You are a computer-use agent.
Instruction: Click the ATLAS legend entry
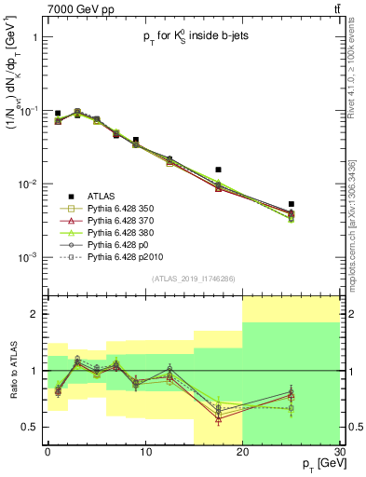[102, 196]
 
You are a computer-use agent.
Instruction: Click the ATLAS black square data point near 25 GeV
[291, 204]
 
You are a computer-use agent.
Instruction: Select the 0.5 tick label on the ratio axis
[30, 428]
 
